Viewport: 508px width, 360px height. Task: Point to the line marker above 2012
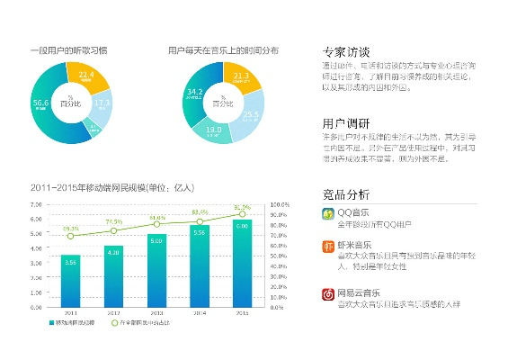(113, 230)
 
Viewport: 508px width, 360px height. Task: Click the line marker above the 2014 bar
(200, 221)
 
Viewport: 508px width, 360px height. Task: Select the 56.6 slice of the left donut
(42, 107)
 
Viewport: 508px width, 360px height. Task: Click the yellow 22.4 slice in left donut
(87, 76)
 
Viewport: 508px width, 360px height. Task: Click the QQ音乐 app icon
(328, 213)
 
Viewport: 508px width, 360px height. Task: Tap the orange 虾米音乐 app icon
(328, 247)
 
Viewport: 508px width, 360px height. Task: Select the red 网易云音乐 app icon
(328, 293)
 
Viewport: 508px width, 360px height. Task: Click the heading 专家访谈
(345, 50)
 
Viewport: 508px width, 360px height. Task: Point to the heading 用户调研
(345, 124)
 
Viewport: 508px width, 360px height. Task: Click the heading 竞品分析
(345, 193)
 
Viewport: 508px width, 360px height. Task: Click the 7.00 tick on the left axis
(37, 205)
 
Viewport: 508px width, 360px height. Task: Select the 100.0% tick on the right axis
(281, 205)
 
